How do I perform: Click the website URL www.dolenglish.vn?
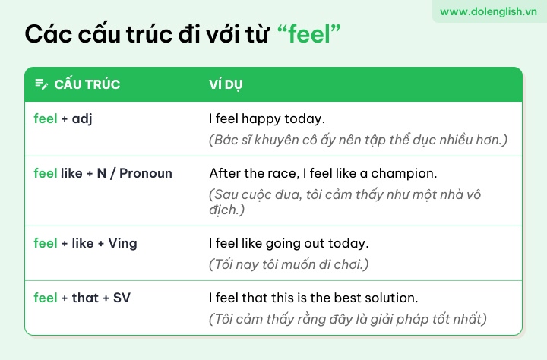(488, 11)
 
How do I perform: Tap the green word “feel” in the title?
(309, 34)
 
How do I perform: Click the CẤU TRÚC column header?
(87, 84)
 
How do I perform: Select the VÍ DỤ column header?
(226, 84)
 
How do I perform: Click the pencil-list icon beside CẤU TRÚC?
(42, 84)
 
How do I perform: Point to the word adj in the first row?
(82, 119)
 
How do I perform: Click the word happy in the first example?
(261, 119)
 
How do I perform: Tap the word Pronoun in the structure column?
(146, 173)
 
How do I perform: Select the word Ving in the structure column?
(122, 244)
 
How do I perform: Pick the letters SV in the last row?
(122, 298)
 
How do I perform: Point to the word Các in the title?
(48, 34)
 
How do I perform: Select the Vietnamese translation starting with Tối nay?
(289, 264)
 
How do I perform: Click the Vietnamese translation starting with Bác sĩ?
(358, 140)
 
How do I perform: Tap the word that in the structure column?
(85, 298)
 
